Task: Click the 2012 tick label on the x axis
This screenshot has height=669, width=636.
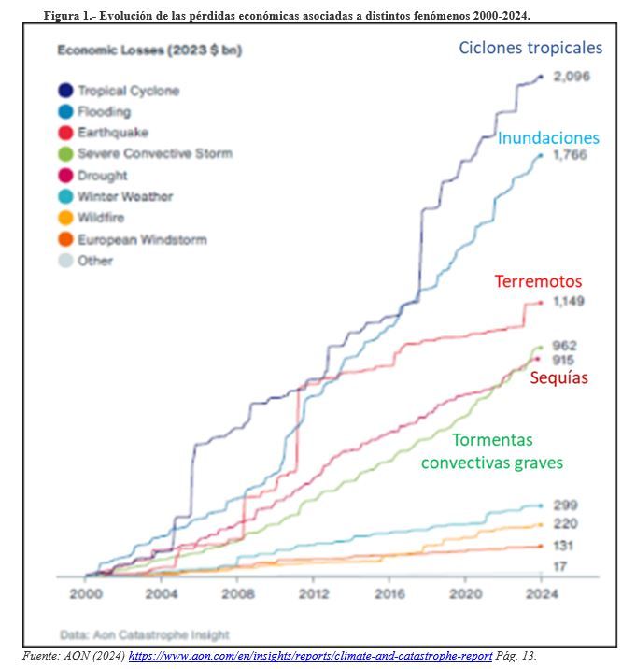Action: tap(314, 593)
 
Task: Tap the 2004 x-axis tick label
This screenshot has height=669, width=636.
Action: tap(162, 593)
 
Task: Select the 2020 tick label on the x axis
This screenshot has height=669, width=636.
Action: tap(466, 593)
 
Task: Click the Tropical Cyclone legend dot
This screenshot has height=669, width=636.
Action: tap(65, 91)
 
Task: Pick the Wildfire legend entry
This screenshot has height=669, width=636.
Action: tap(92, 218)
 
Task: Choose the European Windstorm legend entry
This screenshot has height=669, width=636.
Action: tap(133, 239)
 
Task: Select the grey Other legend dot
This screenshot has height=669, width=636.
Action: tap(65, 261)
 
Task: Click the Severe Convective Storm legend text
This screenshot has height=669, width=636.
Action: tap(155, 153)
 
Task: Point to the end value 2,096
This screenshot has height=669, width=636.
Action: tap(572, 77)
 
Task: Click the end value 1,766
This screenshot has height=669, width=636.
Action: tap(570, 154)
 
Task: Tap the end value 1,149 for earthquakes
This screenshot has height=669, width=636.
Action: tap(569, 301)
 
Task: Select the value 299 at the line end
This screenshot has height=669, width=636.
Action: tap(566, 505)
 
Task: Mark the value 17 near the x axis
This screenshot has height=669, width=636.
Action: tap(560, 566)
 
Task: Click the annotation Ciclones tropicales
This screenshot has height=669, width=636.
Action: tap(530, 48)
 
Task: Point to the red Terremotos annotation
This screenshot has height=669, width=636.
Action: tap(538, 281)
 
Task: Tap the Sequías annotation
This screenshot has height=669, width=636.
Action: tap(558, 378)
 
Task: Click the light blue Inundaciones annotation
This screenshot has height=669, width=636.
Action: tap(548, 137)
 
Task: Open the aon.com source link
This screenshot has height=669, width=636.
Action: tap(311, 656)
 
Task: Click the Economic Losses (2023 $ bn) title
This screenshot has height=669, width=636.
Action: tap(149, 50)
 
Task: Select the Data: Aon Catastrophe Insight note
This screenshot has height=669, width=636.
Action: tap(145, 634)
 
